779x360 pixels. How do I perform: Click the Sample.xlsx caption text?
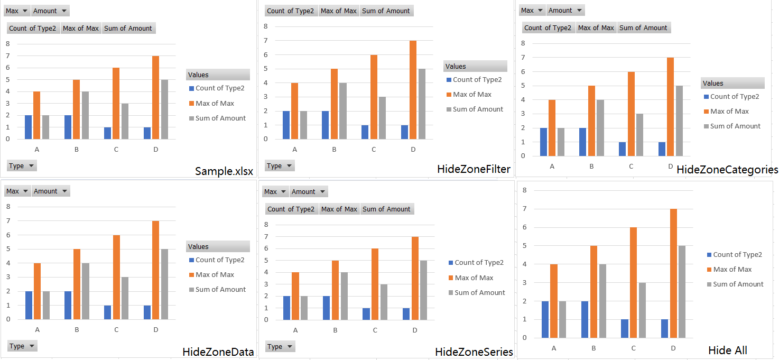tap(224, 171)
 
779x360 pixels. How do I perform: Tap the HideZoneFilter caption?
tap(474, 169)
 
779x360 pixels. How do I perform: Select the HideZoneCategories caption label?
tap(727, 170)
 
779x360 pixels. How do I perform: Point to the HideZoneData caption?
tap(218, 352)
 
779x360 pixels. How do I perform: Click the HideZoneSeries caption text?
tap(474, 352)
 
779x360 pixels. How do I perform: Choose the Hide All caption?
tap(727, 350)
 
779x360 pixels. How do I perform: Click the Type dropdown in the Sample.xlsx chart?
tap(22, 166)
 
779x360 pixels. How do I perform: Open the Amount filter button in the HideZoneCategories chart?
tap(565, 10)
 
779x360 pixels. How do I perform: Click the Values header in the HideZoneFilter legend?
tap(475, 67)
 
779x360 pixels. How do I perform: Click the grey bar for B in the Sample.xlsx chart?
tap(85, 115)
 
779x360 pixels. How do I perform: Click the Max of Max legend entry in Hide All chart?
tap(732, 270)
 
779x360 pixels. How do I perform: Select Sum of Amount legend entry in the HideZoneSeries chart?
tap(479, 293)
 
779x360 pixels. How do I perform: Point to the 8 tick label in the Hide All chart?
tap(524, 190)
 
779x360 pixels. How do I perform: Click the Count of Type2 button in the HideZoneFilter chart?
tap(290, 11)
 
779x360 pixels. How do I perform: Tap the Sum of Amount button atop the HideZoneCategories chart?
tap(643, 28)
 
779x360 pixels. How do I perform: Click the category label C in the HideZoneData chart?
tap(116, 330)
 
